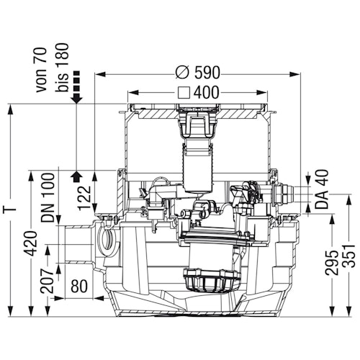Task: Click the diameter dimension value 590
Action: pyautogui.click(x=207, y=73)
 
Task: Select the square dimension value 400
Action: pyautogui.click(x=207, y=92)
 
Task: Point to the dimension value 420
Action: pyautogui.click(x=30, y=243)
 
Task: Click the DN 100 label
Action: pyautogui.click(x=48, y=197)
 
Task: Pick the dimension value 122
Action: pyautogui.click(x=85, y=198)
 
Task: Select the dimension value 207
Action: pyautogui.click(x=47, y=281)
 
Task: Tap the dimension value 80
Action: pyautogui.click(x=79, y=287)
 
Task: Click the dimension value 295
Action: pyautogui.click(x=332, y=263)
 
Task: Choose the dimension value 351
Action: pyautogui.click(x=348, y=256)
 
